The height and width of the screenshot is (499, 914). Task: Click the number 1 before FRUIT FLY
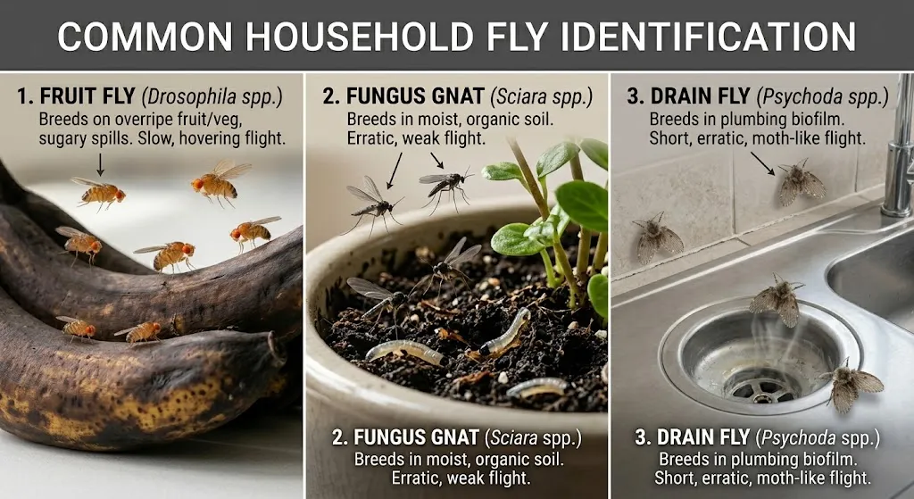click(x=23, y=96)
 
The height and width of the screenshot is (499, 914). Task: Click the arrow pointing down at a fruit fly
click(x=100, y=162)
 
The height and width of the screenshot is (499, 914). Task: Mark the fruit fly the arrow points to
click(x=100, y=191)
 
